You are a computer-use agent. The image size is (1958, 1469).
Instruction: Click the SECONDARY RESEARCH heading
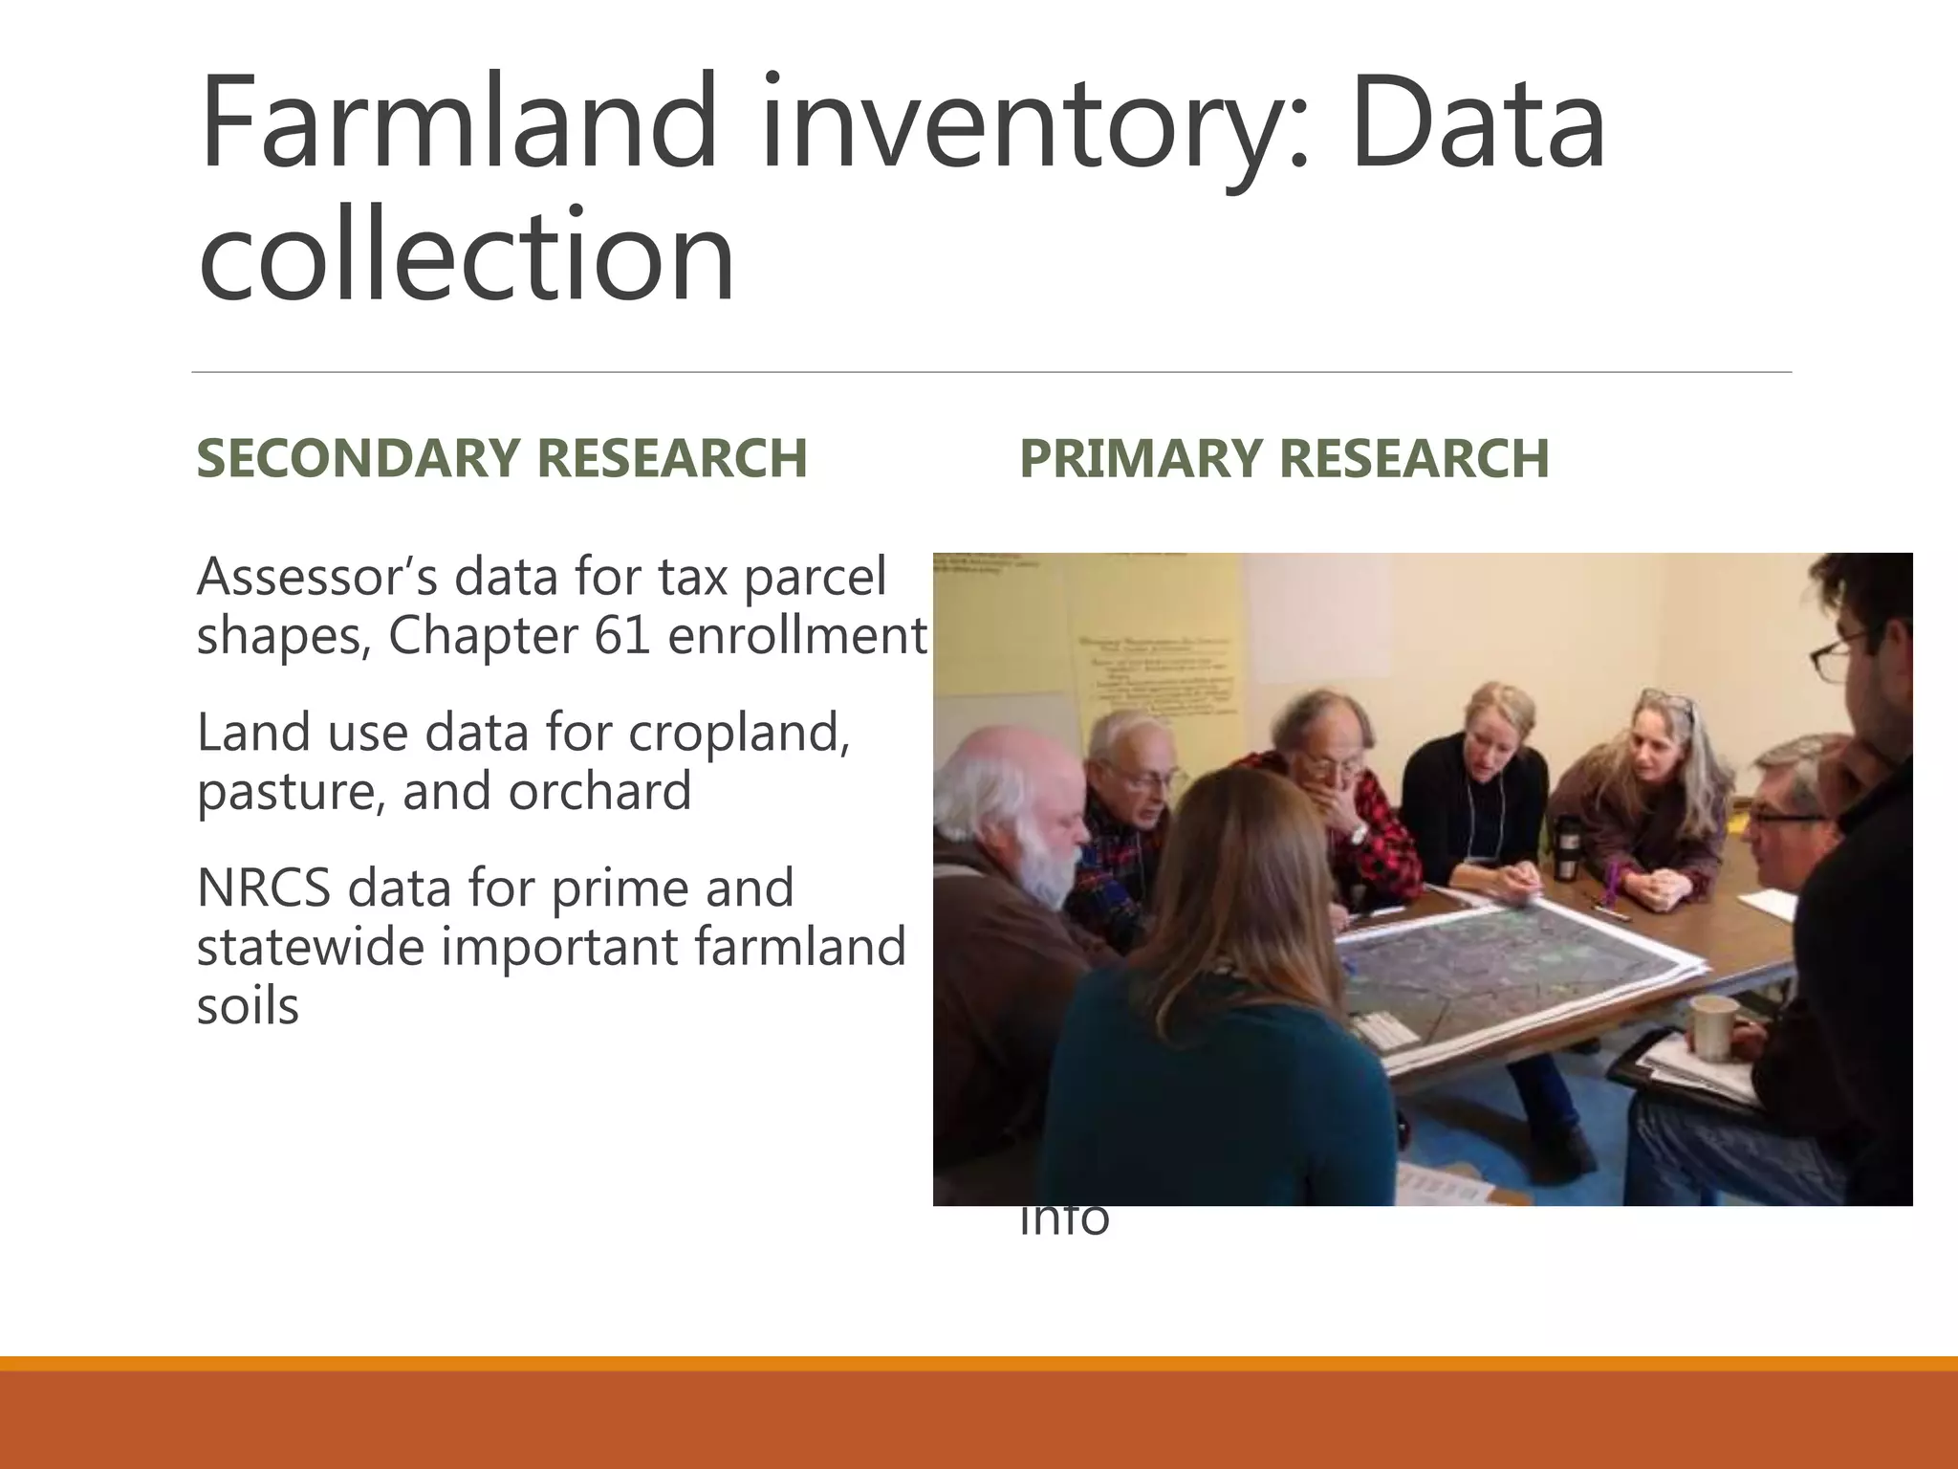502,457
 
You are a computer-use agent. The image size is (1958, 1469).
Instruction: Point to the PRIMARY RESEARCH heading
1284,457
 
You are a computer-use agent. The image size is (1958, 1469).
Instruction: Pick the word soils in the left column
248,1006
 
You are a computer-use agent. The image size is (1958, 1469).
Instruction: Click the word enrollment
797,635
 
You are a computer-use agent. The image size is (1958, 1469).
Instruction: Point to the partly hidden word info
1064,1220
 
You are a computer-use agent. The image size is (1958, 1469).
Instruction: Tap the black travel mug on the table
1565,846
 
